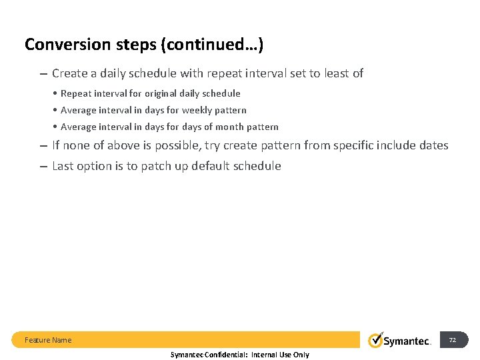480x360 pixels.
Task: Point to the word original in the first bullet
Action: (x=163, y=93)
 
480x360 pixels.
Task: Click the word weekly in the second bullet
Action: (x=198, y=110)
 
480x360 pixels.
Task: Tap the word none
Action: (x=76, y=145)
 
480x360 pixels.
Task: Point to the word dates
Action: (x=433, y=145)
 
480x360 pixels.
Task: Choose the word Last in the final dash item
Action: (x=63, y=166)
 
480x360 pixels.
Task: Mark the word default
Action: (x=211, y=166)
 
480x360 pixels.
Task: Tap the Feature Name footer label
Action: (x=48, y=340)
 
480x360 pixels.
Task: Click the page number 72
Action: (x=452, y=340)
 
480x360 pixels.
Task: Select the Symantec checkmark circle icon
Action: (x=376, y=340)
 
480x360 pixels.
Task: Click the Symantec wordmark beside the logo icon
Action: (x=407, y=341)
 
